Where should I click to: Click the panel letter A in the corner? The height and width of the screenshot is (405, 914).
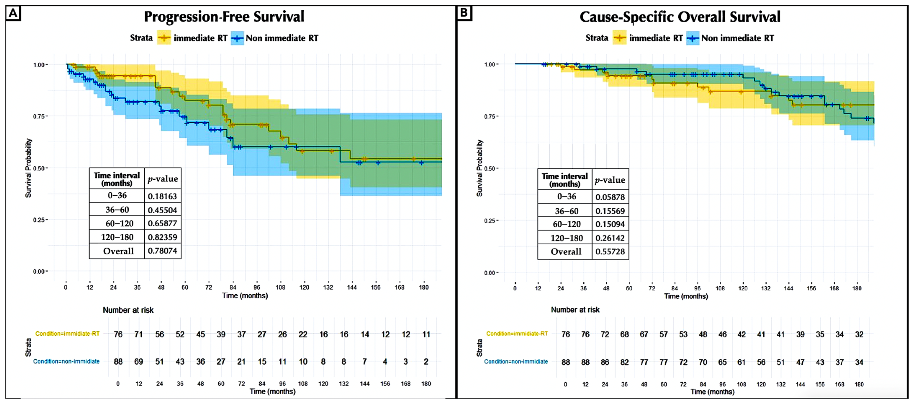tap(13, 13)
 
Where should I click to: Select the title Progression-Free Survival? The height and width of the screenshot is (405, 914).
tap(224, 17)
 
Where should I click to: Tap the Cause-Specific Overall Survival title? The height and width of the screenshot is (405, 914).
tap(680, 17)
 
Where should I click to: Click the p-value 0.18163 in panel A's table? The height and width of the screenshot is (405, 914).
tap(163, 196)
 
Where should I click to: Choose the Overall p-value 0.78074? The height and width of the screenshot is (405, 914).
tap(163, 251)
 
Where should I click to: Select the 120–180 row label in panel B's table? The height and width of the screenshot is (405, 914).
tap(567, 238)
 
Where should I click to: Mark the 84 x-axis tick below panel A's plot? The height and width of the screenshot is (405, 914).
tap(233, 287)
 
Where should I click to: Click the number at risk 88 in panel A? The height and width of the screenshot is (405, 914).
tap(118, 362)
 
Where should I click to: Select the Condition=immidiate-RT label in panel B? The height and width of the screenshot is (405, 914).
tap(517, 334)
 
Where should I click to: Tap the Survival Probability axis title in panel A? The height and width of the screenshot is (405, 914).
tap(28, 168)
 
